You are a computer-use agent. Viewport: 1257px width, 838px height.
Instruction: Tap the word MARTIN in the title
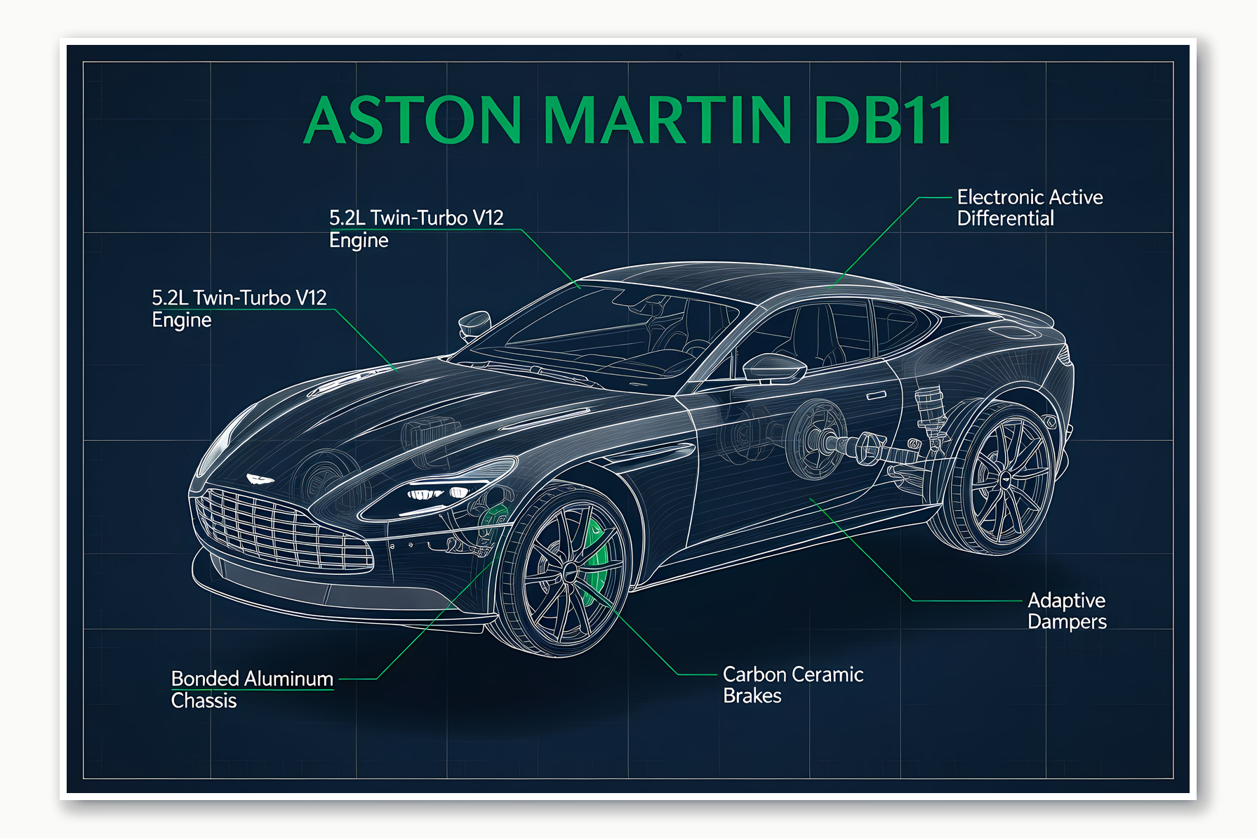coord(667,121)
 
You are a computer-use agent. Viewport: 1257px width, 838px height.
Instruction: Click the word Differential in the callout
coord(1005,219)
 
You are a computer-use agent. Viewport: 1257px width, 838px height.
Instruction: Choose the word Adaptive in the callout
coord(1066,601)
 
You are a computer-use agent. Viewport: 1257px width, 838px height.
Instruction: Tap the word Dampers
coord(1067,622)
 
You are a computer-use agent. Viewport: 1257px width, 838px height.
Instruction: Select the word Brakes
coord(752,696)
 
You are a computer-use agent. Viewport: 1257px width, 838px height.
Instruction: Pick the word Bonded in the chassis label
coord(205,679)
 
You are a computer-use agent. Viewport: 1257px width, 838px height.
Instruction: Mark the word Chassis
coord(204,701)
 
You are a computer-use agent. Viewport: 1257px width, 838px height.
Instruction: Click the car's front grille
coord(281,530)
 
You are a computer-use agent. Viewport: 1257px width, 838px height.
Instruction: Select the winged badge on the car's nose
coord(260,479)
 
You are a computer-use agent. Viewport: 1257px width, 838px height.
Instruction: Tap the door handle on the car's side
coord(876,397)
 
